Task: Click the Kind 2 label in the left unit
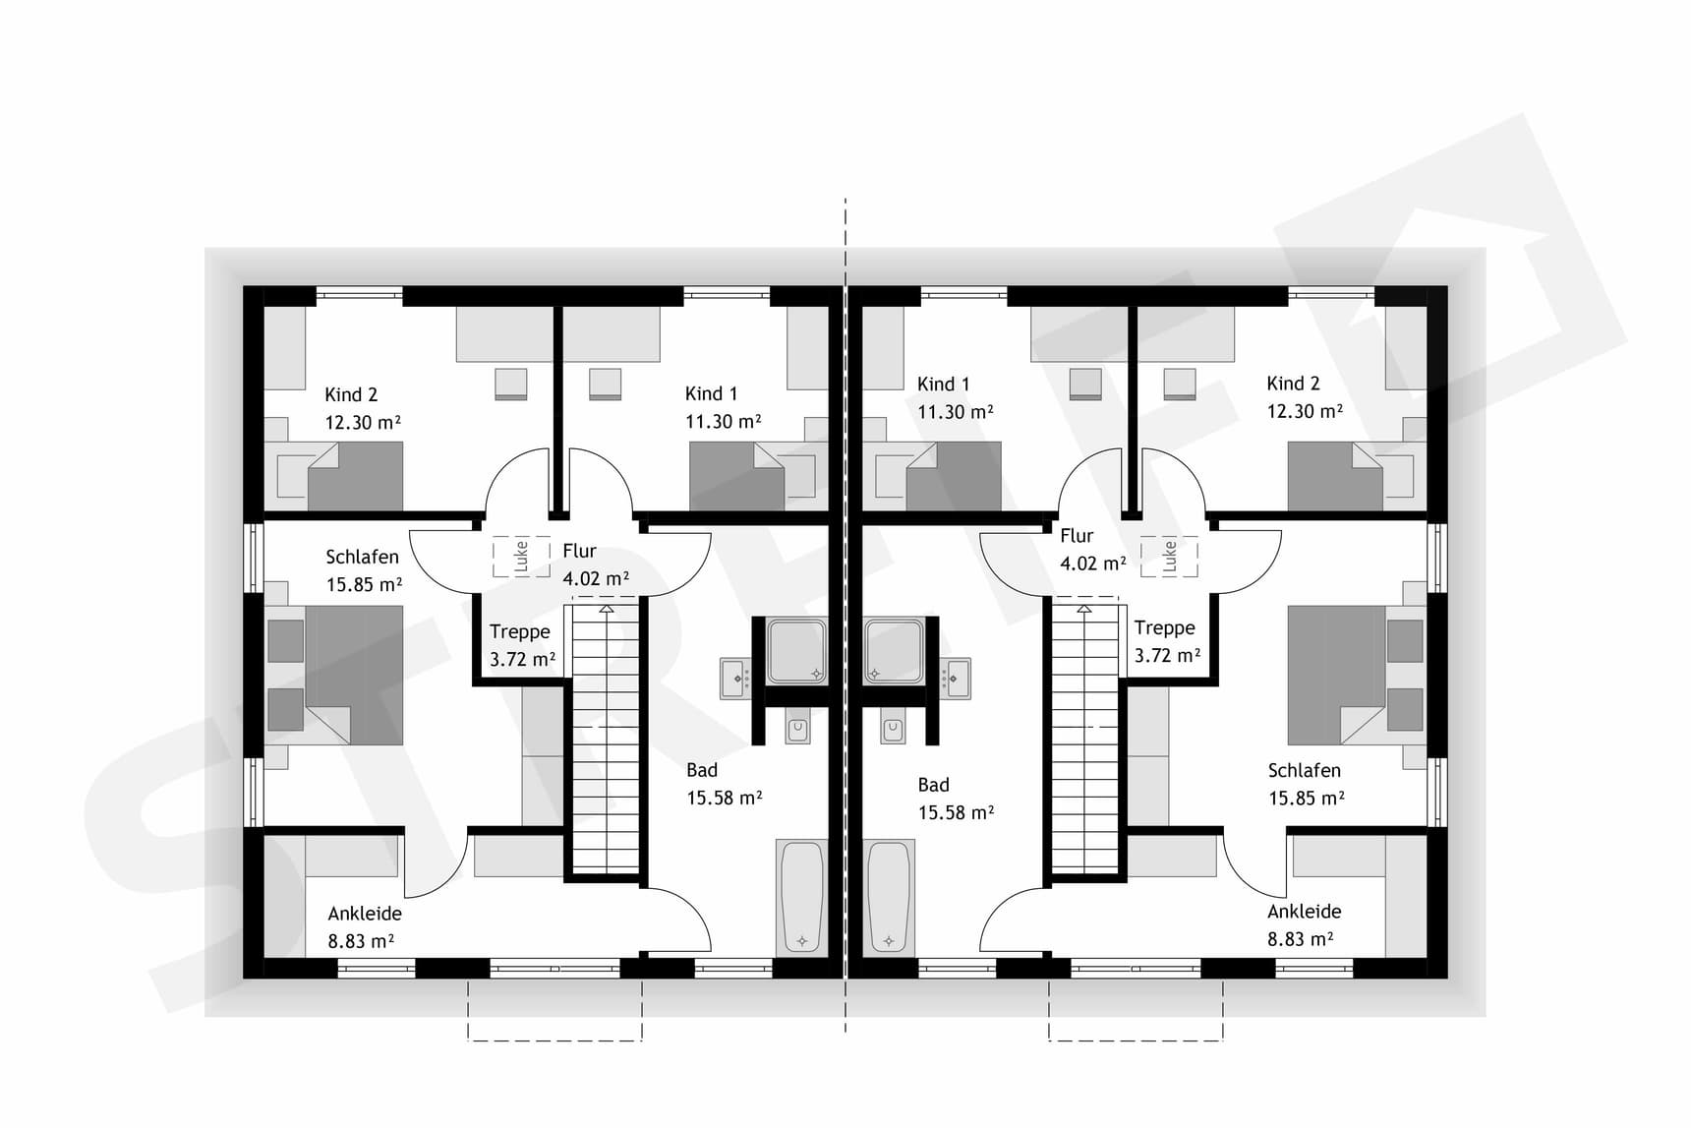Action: (351, 394)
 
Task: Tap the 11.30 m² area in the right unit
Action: (955, 412)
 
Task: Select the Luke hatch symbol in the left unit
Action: (521, 557)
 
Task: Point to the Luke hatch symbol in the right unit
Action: (1169, 556)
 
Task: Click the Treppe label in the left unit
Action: (520, 632)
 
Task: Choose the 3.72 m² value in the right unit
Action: (1167, 655)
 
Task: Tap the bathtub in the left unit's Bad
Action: (801, 896)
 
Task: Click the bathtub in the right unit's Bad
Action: (890, 896)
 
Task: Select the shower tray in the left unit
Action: (796, 649)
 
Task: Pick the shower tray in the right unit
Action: (894, 649)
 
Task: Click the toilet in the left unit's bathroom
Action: (797, 728)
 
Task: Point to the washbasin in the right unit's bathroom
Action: (955, 678)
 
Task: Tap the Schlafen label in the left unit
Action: (362, 557)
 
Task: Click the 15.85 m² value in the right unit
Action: (1306, 798)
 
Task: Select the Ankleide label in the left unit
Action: (365, 914)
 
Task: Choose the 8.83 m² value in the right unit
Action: (1300, 939)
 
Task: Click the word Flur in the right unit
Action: (1077, 536)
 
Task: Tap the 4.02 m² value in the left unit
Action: (596, 578)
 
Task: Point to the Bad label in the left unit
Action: (702, 770)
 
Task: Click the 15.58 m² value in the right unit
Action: (956, 812)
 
